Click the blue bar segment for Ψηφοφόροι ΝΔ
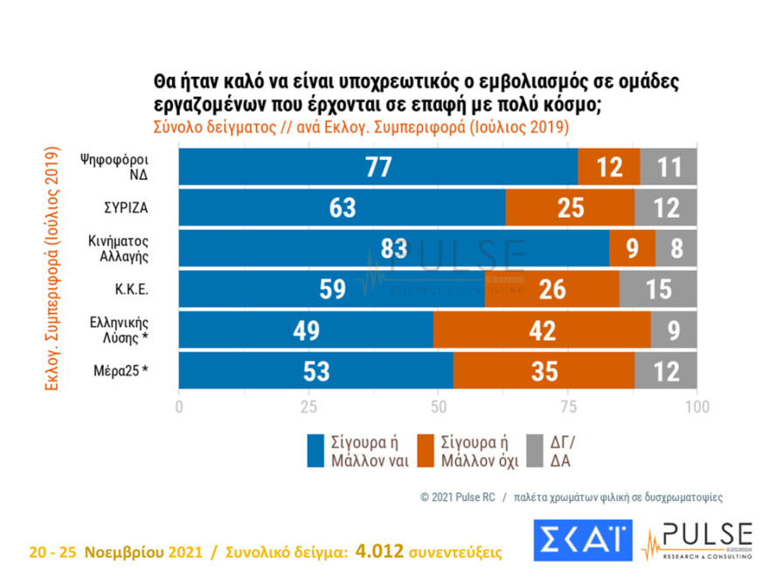click(378, 168)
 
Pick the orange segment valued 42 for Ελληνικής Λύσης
click(541, 331)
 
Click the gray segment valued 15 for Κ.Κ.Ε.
click(658, 290)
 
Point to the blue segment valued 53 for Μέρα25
click(316, 372)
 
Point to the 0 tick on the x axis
click(179, 407)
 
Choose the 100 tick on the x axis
click(696, 407)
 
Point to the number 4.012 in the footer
click(380, 551)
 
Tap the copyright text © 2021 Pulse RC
click(457, 497)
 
